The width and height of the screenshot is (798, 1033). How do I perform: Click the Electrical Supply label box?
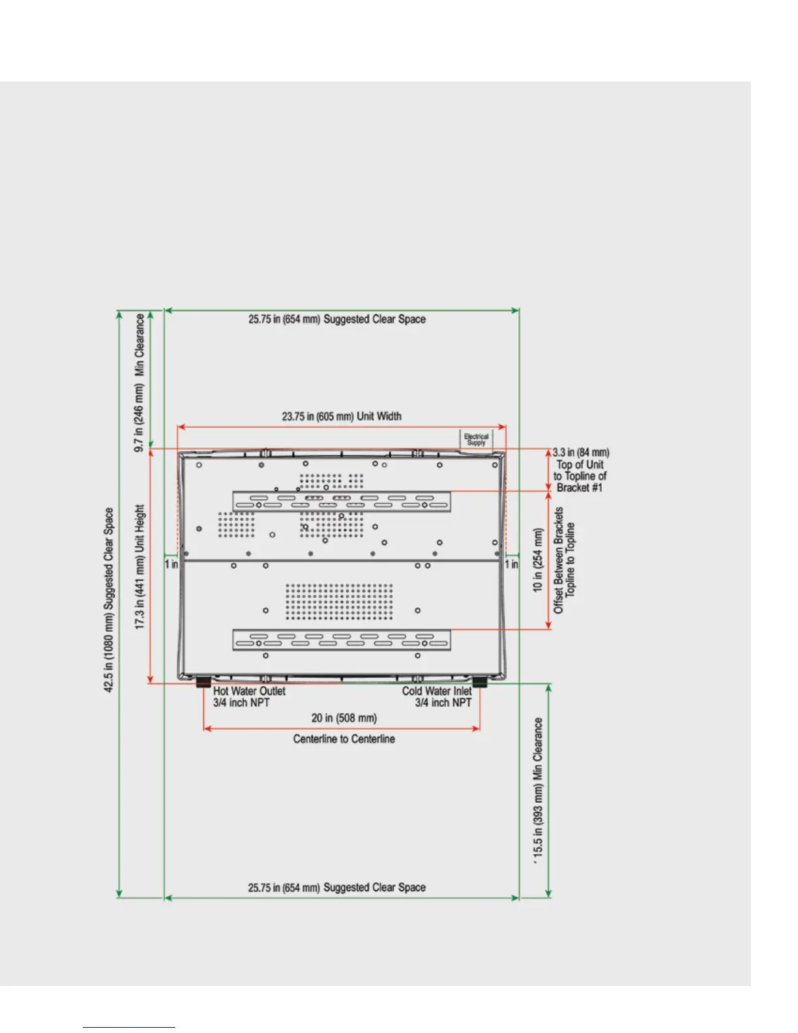[476, 440]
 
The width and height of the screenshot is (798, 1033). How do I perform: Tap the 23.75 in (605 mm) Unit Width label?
[341, 416]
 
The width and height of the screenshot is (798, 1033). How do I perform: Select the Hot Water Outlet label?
[249, 691]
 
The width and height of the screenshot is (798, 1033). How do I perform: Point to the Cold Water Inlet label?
[436, 691]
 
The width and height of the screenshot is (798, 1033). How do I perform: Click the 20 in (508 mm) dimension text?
[344, 718]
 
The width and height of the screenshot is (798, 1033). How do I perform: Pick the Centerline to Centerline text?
[344, 739]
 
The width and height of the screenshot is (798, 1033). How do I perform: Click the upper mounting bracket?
[341, 502]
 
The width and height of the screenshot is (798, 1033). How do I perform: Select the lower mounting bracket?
[341, 640]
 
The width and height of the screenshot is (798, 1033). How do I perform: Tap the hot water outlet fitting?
[204, 682]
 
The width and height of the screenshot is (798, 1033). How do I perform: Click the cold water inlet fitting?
[480, 682]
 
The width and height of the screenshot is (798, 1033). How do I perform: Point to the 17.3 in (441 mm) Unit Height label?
[140, 566]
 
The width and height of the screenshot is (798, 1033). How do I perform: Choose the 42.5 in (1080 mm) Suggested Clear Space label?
[109, 600]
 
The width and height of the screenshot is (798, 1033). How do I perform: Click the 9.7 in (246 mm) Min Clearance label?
[140, 383]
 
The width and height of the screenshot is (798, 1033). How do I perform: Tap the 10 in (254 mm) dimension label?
[538, 560]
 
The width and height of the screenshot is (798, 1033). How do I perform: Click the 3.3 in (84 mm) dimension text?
[581, 452]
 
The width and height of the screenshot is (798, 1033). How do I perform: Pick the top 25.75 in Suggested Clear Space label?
[336, 319]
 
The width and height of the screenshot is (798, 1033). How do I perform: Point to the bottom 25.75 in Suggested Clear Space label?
[336, 888]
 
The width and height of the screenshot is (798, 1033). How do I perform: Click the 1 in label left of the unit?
[171, 564]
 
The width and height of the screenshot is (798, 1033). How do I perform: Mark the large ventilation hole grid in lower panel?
[339, 601]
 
